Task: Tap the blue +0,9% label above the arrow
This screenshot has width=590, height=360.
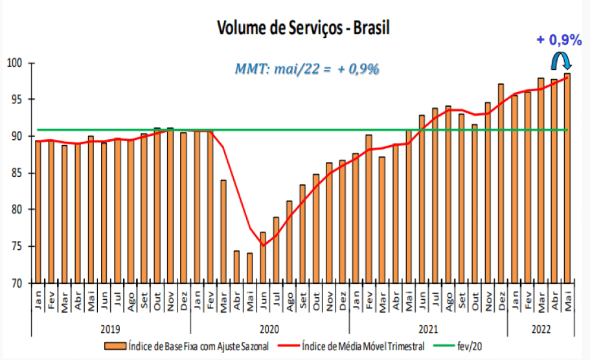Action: click(559, 40)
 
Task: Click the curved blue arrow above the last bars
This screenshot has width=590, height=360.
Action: click(560, 61)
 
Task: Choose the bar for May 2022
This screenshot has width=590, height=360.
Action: click(567, 178)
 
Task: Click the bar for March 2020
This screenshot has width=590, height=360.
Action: click(223, 231)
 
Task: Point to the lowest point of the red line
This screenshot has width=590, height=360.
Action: click(263, 245)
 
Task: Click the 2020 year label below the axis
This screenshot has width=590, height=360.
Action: click(269, 328)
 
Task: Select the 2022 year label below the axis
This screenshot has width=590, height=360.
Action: click(540, 328)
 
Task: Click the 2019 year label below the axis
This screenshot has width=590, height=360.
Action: click(111, 328)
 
